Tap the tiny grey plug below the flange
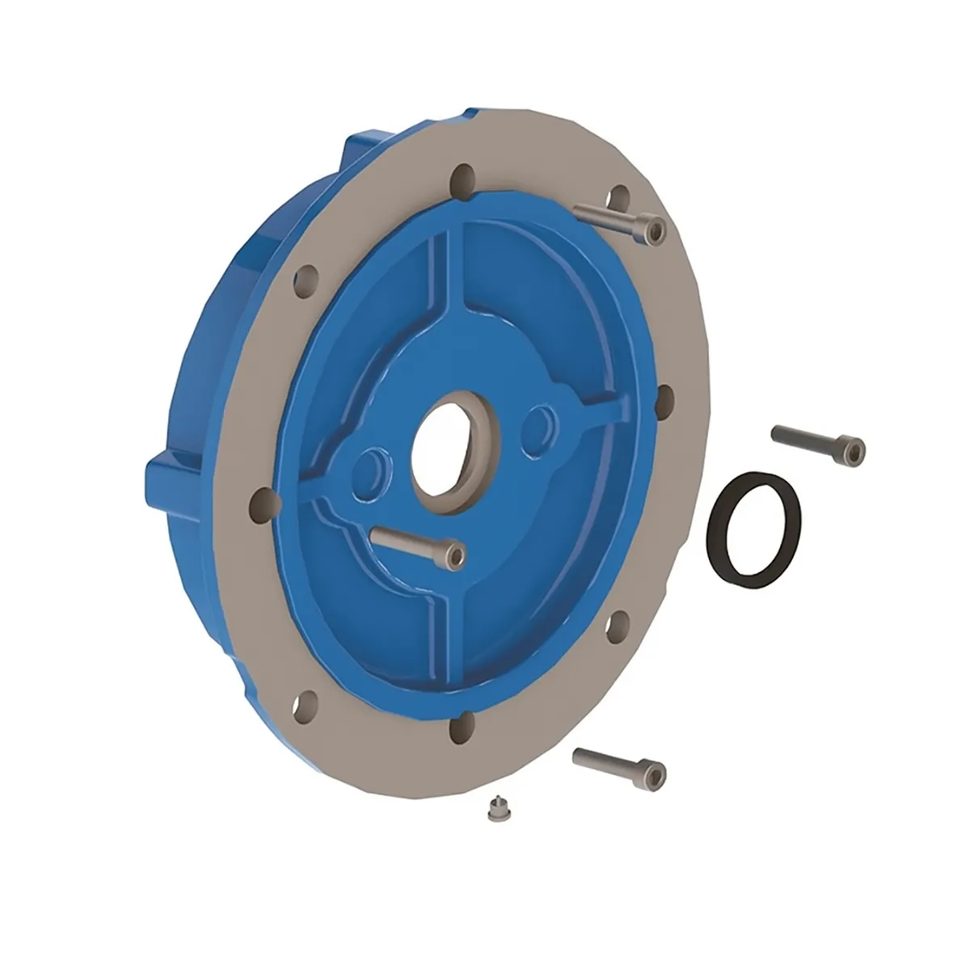click(494, 809)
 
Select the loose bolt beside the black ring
click(816, 441)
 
